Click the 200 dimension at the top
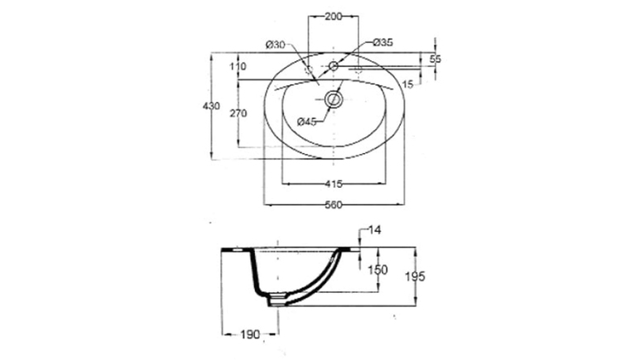point(334,17)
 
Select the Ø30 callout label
point(276,45)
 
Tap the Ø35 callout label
point(383,42)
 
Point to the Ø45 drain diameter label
point(307,122)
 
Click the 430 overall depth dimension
point(211,106)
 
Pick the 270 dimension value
point(238,113)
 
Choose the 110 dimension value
point(238,66)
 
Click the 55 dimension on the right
point(435,60)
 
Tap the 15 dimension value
point(407,84)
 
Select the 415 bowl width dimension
point(334,184)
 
